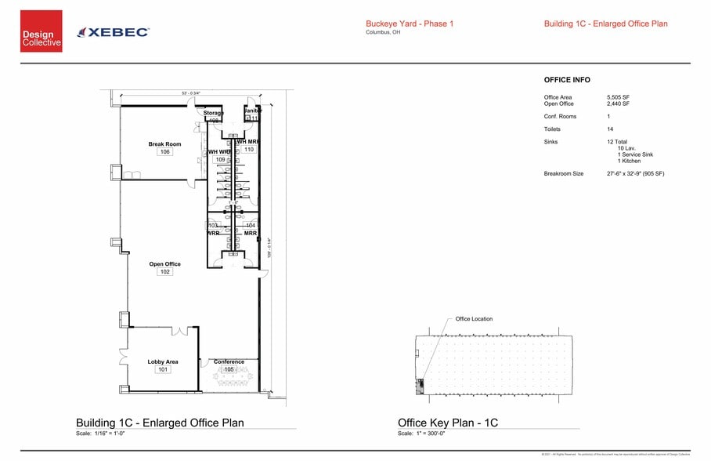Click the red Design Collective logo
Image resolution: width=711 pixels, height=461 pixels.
pos(41,31)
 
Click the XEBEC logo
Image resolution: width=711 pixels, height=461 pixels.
pos(114,32)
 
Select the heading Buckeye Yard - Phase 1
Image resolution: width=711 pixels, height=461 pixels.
pos(410,24)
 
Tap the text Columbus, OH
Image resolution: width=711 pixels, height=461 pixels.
pos(384,32)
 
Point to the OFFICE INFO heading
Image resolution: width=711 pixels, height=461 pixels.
pos(567,80)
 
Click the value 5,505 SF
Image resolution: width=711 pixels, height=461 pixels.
pos(618,97)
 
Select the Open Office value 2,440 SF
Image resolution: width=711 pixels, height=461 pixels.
pos(618,103)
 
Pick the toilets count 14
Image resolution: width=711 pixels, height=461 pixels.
pos(610,129)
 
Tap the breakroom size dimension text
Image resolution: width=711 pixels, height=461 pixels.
pos(635,173)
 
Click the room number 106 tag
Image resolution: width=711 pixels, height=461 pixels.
pos(164,152)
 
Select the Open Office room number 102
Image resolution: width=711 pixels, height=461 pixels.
pos(164,272)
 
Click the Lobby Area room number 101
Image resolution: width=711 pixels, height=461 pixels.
pos(163,369)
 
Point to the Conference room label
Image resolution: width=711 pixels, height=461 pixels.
pos(229,362)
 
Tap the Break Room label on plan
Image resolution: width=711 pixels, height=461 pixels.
pos(164,144)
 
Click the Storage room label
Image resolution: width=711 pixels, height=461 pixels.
pos(214,113)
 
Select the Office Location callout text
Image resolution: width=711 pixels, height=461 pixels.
pos(474,318)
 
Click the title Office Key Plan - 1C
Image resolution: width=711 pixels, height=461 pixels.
pos(447,423)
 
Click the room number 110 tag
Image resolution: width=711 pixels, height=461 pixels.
pos(249,149)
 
